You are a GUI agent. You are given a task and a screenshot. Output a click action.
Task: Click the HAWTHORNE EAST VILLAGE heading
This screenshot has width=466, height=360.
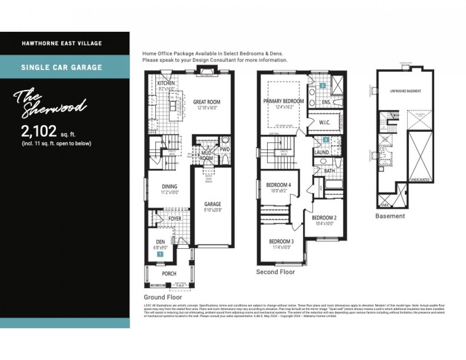[x=62, y=43]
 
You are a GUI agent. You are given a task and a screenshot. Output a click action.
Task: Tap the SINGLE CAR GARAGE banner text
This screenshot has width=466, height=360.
[x=61, y=67]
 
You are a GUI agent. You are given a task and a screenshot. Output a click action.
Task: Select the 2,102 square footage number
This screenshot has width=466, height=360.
[x=39, y=131]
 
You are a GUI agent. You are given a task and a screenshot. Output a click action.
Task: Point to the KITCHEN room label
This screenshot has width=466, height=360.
[x=166, y=83]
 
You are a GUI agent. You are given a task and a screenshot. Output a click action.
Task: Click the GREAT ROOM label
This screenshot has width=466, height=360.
[x=206, y=102]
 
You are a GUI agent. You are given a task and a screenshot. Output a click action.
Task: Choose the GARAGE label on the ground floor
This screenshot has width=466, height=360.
[x=212, y=204]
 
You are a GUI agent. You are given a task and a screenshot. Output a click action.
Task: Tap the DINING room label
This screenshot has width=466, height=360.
[x=169, y=186]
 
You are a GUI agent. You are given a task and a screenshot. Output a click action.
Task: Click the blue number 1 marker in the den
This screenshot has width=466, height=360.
[x=160, y=254]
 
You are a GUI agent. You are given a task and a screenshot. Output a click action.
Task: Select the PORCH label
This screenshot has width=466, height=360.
[x=169, y=274]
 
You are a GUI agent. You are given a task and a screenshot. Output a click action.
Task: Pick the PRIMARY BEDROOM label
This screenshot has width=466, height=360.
[x=283, y=101]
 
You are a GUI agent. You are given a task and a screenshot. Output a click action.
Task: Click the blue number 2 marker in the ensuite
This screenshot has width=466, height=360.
[x=323, y=85]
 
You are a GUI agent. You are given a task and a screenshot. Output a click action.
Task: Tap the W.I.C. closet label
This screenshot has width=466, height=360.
[x=324, y=122]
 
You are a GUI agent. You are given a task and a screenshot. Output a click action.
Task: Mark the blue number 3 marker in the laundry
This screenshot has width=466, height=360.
[x=326, y=140]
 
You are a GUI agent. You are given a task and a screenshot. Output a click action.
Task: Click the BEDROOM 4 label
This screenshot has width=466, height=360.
[x=279, y=185]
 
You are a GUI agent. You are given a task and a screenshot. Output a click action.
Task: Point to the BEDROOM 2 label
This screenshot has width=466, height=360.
[x=324, y=218]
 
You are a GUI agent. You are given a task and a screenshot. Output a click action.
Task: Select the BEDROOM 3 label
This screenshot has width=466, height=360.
[x=281, y=241]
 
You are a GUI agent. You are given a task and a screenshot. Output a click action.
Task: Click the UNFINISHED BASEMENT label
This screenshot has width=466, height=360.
[x=405, y=91]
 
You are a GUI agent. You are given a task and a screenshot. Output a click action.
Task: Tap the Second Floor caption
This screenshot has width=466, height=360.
[x=275, y=272]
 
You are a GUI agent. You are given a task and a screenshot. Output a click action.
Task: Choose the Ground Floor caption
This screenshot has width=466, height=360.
[x=163, y=297]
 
